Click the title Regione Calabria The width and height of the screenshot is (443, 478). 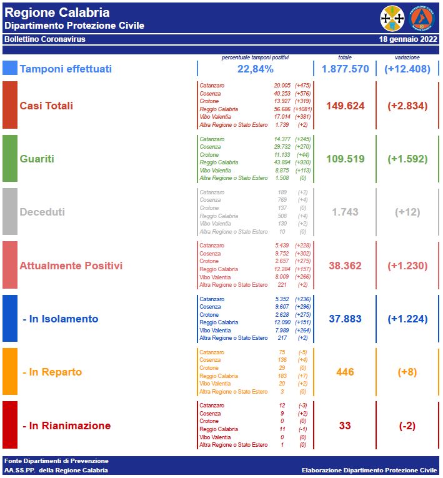[x=57, y=12]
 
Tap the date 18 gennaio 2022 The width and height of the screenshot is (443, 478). [x=408, y=39]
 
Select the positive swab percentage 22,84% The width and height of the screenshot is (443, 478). [x=255, y=69]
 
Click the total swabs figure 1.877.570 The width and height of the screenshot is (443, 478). [x=345, y=69]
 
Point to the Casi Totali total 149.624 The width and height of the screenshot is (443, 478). [x=345, y=106]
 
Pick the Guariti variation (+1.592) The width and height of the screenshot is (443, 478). [x=407, y=159]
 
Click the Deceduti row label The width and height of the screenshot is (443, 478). [x=42, y=212]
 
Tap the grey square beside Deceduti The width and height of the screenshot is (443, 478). [x=10, y=212]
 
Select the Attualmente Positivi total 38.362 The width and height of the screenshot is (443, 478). [x=345, y=266]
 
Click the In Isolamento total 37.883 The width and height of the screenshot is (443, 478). [x=345, y=319]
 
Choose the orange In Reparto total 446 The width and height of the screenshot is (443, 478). [x=345, y=372]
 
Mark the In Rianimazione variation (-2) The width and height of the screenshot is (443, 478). [x=407, y=426]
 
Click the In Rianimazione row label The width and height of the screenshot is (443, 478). [x=66, y=426]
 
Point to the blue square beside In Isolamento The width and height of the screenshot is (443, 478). [x=10, y=319]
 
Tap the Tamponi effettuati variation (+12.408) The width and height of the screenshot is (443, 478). [x=407, y=69]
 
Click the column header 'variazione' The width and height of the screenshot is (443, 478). [x=407, y=57]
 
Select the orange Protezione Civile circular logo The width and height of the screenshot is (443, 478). [x=422, y=18]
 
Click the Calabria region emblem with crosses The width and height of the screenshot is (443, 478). [x=392, y=18]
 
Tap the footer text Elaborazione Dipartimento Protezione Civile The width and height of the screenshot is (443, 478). [x=369, y=470]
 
